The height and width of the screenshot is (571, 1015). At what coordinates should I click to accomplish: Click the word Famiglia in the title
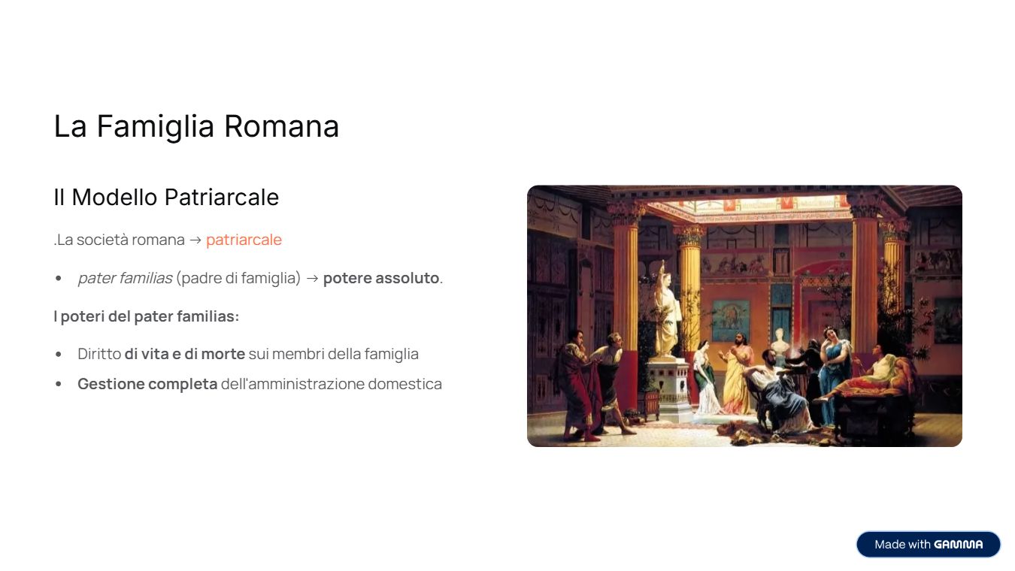point(155,127)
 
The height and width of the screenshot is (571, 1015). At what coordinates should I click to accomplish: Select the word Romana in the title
point(281,126)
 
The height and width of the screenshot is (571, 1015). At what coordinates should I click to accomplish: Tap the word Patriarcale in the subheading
point(222,197)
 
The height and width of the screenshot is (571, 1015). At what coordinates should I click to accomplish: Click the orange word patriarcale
point(244,240)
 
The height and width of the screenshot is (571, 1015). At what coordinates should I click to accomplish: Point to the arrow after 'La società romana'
point(195,240)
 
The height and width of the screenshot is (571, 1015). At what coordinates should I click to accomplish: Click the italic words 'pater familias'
point(125,278)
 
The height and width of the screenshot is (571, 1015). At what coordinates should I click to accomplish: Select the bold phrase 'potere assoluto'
point(381,278)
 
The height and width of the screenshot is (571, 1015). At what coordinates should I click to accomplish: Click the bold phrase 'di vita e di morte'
point(185,354)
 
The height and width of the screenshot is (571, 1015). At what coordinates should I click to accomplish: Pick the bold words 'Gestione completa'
point(147,384)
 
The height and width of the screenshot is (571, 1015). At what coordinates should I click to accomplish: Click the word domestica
point(404,384)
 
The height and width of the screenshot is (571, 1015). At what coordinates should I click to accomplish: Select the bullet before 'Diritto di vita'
point(59,354)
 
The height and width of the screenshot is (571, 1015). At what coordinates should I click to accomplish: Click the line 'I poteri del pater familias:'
point(147,316)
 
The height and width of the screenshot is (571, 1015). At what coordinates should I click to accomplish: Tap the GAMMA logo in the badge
point(959,544)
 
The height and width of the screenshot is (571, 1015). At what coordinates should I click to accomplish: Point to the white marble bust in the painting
point(780,343)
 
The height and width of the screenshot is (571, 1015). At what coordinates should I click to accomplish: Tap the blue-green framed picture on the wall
point(731,321)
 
